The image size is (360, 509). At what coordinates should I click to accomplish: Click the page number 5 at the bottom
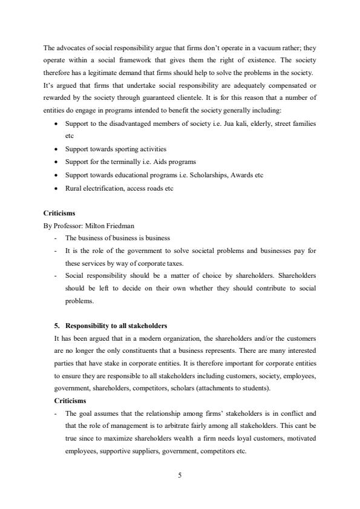point(180,475)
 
